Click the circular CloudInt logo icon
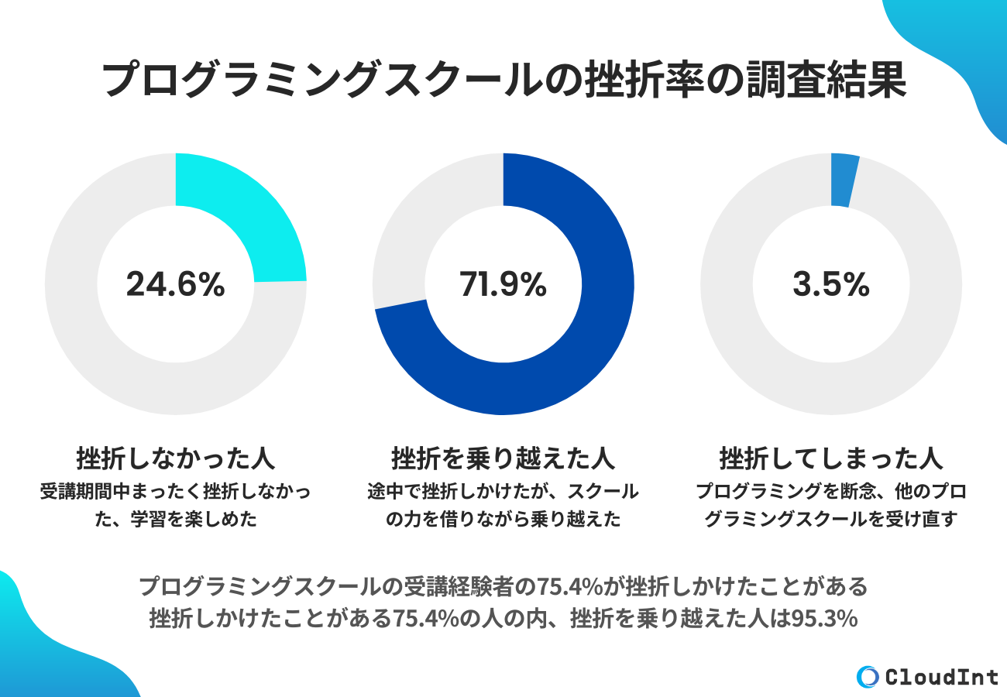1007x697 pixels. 868,677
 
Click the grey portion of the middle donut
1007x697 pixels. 418,232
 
